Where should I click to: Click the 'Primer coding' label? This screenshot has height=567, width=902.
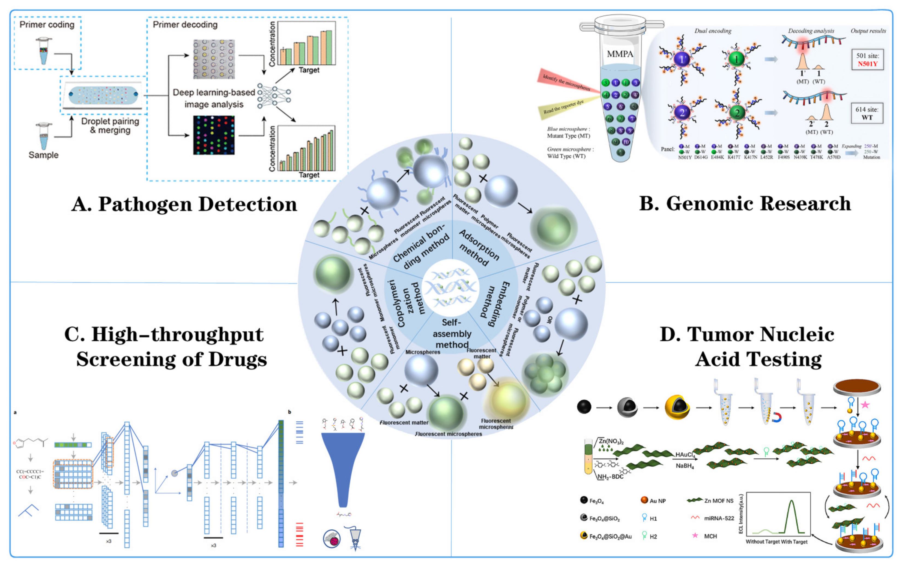47,25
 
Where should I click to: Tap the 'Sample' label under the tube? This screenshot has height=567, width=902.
43,155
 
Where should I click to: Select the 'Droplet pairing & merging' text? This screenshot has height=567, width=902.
110,126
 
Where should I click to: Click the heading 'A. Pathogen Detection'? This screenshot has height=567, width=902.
184,205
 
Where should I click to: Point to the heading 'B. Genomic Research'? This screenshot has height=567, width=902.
745,204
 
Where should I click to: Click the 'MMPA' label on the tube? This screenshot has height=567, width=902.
620,54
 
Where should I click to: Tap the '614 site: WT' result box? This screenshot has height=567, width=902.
867,113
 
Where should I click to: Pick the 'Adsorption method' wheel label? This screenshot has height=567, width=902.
479,248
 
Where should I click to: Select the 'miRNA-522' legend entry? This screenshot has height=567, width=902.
719,518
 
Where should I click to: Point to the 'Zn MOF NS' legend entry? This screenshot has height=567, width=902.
718,501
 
